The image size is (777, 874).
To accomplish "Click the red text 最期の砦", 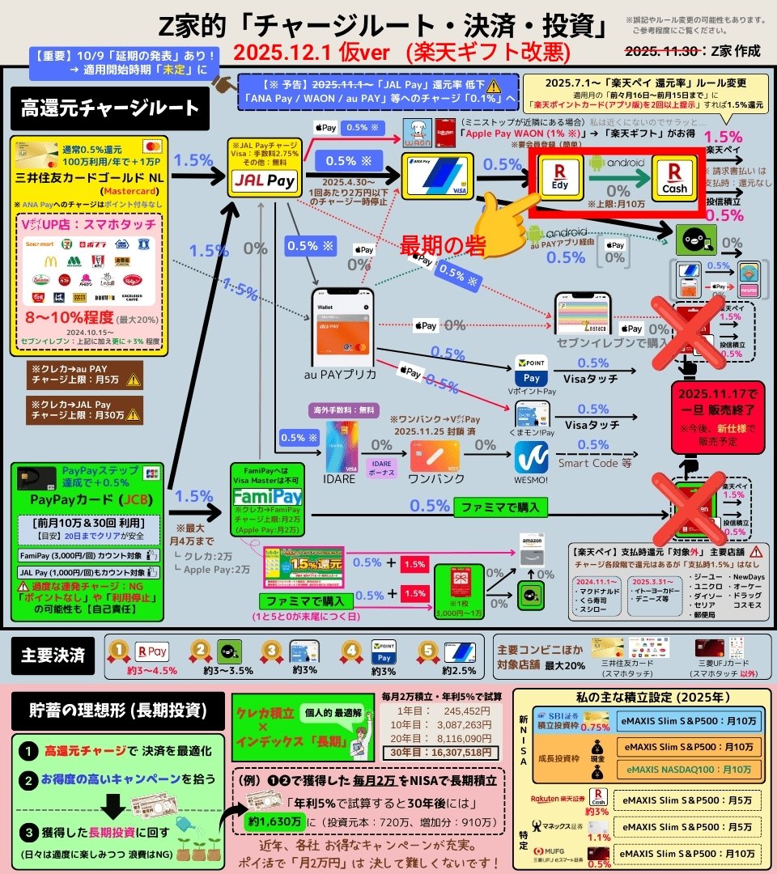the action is pos(443,245).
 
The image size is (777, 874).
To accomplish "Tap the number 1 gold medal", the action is pos(120,651).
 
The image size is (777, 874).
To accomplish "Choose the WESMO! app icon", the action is pos(531,456).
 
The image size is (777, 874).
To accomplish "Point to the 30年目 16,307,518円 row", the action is pos(441,752).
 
